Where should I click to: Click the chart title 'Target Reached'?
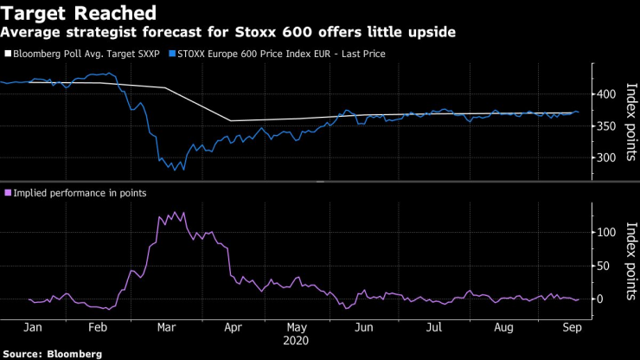(79, 13)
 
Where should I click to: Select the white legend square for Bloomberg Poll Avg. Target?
(8, 54)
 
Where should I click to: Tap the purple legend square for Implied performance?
(8, 193)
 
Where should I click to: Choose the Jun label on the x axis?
(366, 329)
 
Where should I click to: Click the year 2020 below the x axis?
(297, 342)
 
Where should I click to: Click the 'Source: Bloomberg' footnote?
(53, 354)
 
